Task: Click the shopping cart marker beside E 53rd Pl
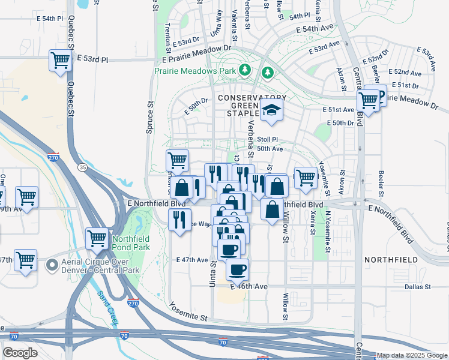pyautogui.click(x=60, y=61)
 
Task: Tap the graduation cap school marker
pyautogui.click(x=271, y=110)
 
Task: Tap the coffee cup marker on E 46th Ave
pyautogui.click(x=237, y=269)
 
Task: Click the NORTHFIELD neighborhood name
pyautogui.click(x=389, y=260)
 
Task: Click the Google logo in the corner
pyautogui.click(x=20, y=353)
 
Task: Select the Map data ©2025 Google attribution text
pyautogui.click(x=412, y=355)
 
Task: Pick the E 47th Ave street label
pyautogui.click(x=191, y=260)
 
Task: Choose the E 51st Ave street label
pyautogui.click(x=339, y=110)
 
